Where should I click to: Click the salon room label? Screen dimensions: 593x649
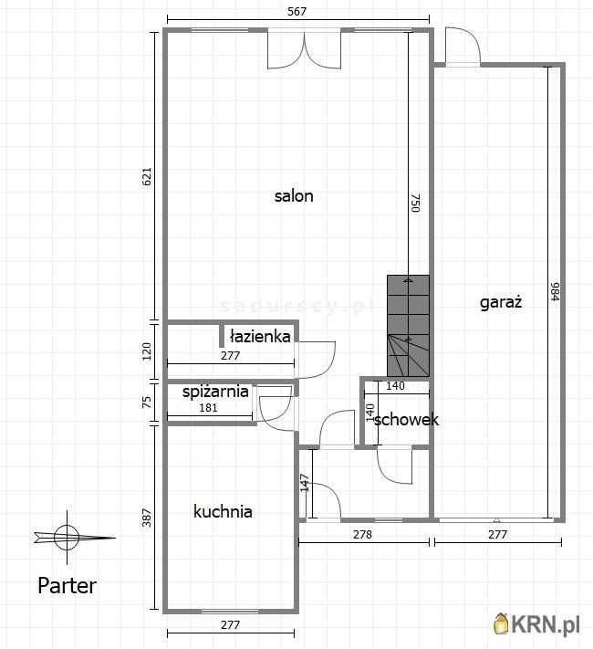[294, 195]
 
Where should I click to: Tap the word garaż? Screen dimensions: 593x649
[501, 302]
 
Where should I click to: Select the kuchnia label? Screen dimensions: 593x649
[223, 511]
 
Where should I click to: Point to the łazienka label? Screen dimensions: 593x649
[260, 336]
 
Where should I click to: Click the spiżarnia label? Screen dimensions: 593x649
[215, 392]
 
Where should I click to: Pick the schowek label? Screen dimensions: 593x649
[406, 420]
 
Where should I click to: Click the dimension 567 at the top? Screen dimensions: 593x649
[297, 11]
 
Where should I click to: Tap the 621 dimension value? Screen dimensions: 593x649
[147, 176]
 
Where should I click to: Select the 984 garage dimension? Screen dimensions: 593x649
[556, 292]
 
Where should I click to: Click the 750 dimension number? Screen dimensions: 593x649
[415, 203]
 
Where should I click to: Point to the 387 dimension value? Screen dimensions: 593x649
[147, 518]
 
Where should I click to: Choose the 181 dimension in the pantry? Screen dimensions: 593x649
[208, 408]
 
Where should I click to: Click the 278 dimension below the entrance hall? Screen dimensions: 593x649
[362, 534]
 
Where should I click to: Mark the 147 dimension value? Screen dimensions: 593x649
[305, 483]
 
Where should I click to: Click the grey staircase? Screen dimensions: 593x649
[408, 326]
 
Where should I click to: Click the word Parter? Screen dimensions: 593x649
[67, 586]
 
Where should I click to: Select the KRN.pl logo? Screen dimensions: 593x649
[536, 623]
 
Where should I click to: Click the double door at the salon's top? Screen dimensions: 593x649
[304, 49]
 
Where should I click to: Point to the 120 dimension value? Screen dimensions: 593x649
[147, 351]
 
